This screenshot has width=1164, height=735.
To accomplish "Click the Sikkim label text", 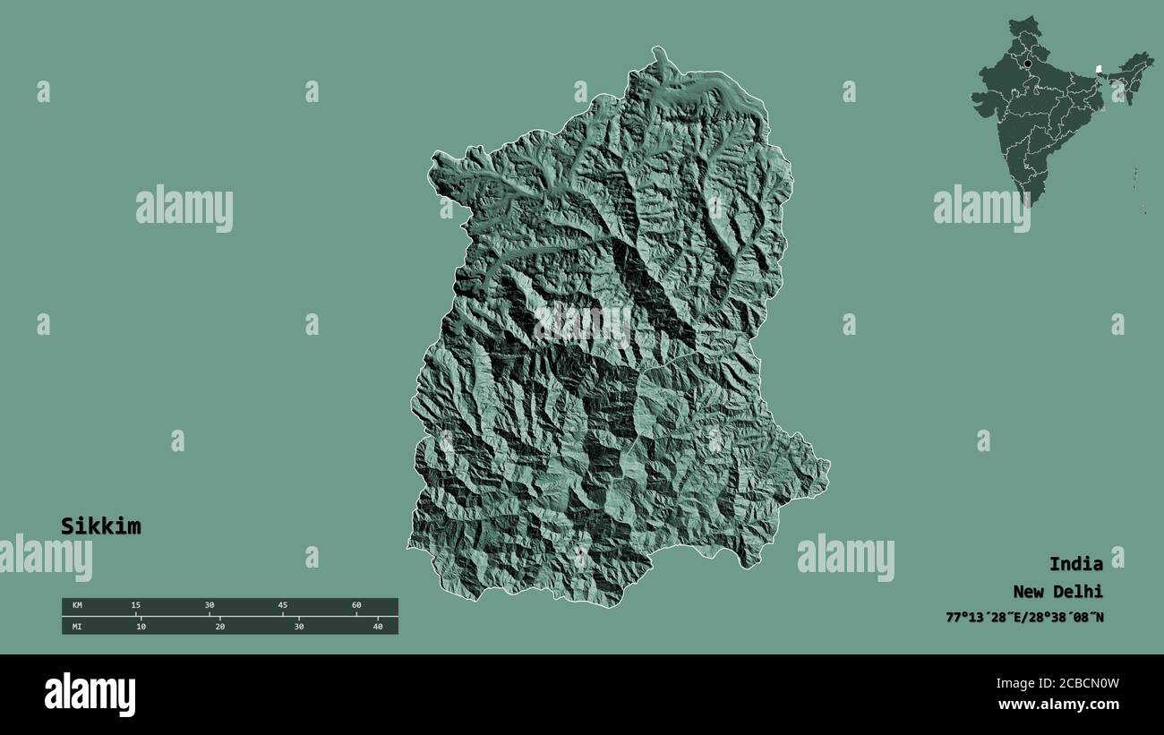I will (100, 526).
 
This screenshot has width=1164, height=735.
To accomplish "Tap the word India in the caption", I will (1075, 564).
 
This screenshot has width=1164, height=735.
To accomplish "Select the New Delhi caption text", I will (1057, 592).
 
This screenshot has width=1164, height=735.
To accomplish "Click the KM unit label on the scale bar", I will (77, 606).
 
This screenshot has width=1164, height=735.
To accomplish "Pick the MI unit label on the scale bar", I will (77, 627).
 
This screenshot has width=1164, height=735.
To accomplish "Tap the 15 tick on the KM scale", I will (136, 606).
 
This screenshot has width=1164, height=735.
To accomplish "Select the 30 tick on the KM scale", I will (210, 606).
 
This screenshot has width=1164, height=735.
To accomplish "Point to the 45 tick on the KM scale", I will (283, 606).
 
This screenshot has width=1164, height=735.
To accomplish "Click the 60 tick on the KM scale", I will (356, 606).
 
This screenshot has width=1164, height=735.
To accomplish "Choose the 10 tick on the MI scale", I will (141, 627).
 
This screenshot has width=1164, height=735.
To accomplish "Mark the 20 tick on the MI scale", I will (219, 627).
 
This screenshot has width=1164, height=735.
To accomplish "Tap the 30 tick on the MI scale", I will (298, 627).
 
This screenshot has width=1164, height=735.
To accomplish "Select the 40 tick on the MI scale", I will (377, 627).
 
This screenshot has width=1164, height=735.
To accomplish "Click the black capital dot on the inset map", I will (1028, 64).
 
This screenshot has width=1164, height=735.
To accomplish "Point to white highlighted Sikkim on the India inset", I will (1098, 67).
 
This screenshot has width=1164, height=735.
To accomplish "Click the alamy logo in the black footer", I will (90, 695).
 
